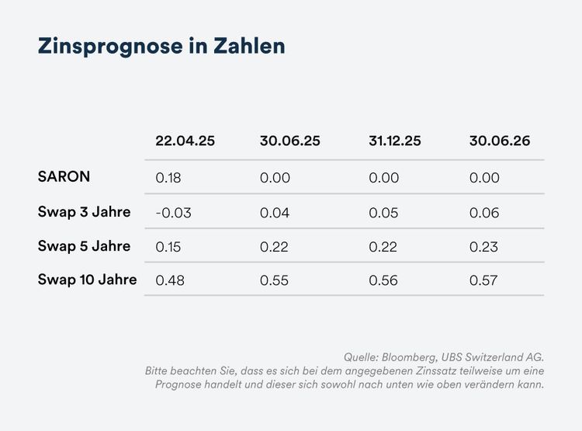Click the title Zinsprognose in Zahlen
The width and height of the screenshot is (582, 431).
(x=161, y=46)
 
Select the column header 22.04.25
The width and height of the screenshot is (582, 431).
(x=185, y=141)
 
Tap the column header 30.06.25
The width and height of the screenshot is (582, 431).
(x=289, y=141)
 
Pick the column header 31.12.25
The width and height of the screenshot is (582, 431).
(x=394, y=141)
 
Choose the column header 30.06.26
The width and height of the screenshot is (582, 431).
(x=499, y=141)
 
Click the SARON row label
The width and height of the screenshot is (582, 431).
(x=64, y=176)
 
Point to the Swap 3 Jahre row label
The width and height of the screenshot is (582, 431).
(x=84, y=211)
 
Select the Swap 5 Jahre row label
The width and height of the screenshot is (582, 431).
(x=84, y=246)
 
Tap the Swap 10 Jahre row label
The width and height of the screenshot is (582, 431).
(x=87, y=280)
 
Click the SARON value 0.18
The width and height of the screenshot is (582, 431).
(x=168, y=178)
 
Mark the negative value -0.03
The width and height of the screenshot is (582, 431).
(x=173, y=213)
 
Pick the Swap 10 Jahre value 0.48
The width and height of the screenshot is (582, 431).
(x=170, y=280)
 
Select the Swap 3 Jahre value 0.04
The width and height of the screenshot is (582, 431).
(x=275, y=213)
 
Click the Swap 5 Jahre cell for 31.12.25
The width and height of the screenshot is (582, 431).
(x=383, y=247)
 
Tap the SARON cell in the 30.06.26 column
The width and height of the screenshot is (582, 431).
(x=484, y=178)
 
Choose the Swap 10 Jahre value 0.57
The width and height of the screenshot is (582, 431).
(x=484, y=280)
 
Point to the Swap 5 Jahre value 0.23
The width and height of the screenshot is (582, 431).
(x=484, y=247)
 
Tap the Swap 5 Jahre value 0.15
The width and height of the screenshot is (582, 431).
(x=168, y=247)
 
